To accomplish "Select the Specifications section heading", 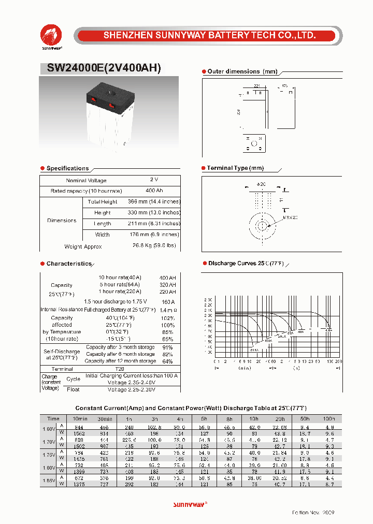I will [x=67, y=168].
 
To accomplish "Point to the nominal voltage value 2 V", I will [x=154, y=179].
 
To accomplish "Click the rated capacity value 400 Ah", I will [x=154, y=191].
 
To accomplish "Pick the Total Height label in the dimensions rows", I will [x=103, y=202].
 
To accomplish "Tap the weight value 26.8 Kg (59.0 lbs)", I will [x=154, y=245].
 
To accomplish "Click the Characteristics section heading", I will [x=69, y=264].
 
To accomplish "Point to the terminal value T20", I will [x=120, y=369].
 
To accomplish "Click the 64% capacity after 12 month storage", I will [x=167, y=361].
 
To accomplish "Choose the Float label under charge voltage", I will [x=73, y=389].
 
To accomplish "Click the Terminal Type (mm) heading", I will [x=235, y=168].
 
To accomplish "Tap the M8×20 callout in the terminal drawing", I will [x=291, y=217].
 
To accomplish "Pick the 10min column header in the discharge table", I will [x=80, y=418].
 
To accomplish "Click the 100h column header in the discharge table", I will [x=328, y=418].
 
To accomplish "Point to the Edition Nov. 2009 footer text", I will [x=313, y=512].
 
